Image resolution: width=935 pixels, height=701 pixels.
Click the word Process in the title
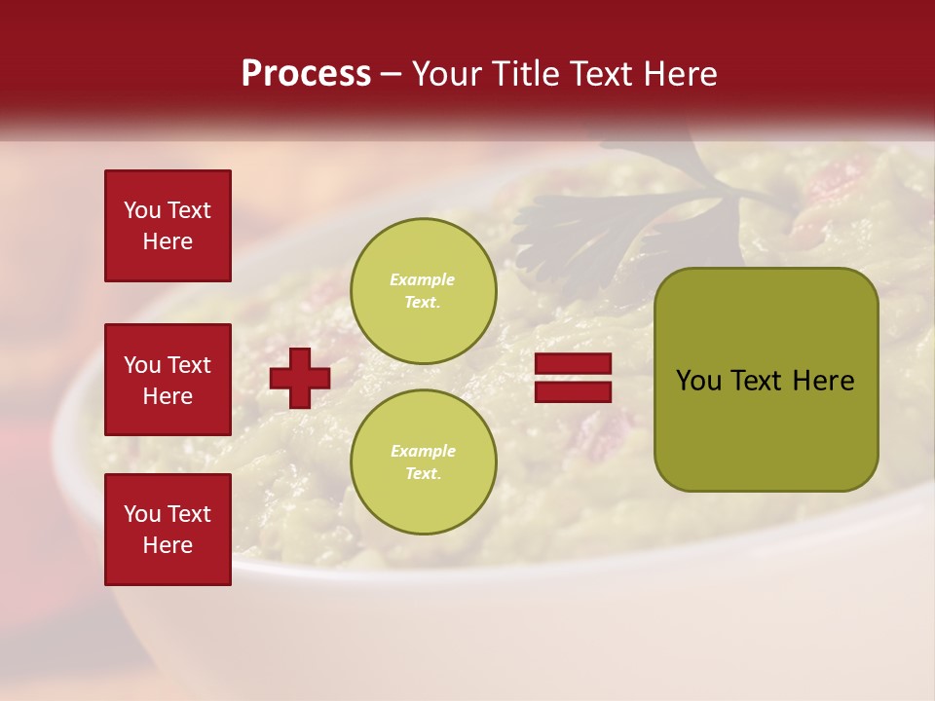click(x=306, y=74)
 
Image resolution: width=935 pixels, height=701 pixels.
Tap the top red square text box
click(x=168, y=226)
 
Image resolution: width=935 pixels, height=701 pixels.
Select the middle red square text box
click(x=168, y=380)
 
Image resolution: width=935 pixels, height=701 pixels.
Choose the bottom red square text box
click(x=168, y=529)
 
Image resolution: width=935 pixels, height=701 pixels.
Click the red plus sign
click(x=300, y=378)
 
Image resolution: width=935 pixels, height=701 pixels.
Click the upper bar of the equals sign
click(x=574, y=364)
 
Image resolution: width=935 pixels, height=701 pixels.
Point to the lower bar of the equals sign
click(x=574, y=391)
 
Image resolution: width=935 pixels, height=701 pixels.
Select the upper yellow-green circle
click(x=423, y=290)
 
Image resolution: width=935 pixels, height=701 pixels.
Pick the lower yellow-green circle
click(x=423, y=461)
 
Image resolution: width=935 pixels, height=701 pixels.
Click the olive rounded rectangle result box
click(x=766, y=380)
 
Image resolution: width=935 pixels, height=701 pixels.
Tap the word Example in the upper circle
click(x=422, y=279)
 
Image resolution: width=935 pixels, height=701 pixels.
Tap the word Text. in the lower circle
click(x=423, y=474)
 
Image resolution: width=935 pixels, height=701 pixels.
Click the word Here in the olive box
click(x=823, y=381)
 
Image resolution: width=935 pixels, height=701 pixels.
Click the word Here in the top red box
click(x=168, y=241)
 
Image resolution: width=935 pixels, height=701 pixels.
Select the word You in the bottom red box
click(x=142, y=514)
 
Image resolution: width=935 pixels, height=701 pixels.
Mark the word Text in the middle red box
click(x=189, y=365)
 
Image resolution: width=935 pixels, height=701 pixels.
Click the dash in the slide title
click(x=391, y=74)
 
